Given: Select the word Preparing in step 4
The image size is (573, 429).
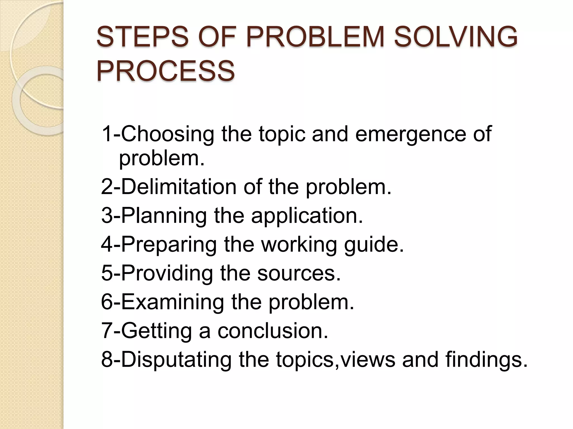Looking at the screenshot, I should pyautogui.click(x=169, y=244).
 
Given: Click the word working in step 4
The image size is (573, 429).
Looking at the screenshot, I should pyautogui.click(x=299, y=244).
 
